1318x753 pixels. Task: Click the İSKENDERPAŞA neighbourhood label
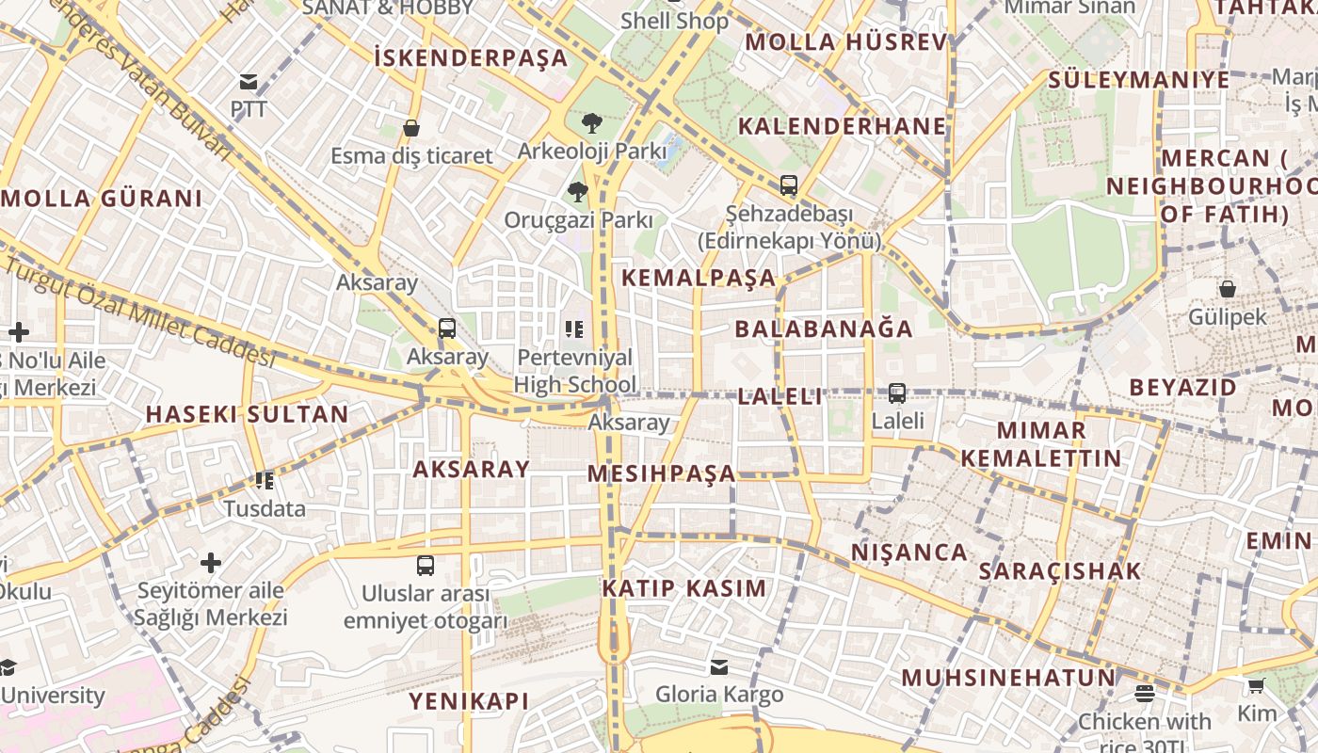(471, 58)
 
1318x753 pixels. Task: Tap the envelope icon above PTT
(249, 82)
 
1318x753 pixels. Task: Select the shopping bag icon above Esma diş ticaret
(410, 128)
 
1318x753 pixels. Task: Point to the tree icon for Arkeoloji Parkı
(591, 122)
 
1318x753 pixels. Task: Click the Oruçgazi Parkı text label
(578, 220)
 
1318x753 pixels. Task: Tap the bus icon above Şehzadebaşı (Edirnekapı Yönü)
(789, 185)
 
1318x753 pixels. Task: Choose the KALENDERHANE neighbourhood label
(842, 126)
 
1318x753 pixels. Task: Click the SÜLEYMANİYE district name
(1138, 79)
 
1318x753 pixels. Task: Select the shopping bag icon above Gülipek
(1228, 289)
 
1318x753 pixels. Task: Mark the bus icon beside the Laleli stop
(897, 393)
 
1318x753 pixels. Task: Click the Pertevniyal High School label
(576, 371)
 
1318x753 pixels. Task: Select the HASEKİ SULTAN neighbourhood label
(247, 414)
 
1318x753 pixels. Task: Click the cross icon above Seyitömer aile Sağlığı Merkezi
(211, 564)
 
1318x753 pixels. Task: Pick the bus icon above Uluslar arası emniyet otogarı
(426, 566)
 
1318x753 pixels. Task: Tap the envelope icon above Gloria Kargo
(719, 667)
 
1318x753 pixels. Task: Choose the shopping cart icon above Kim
(1257, 685)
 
